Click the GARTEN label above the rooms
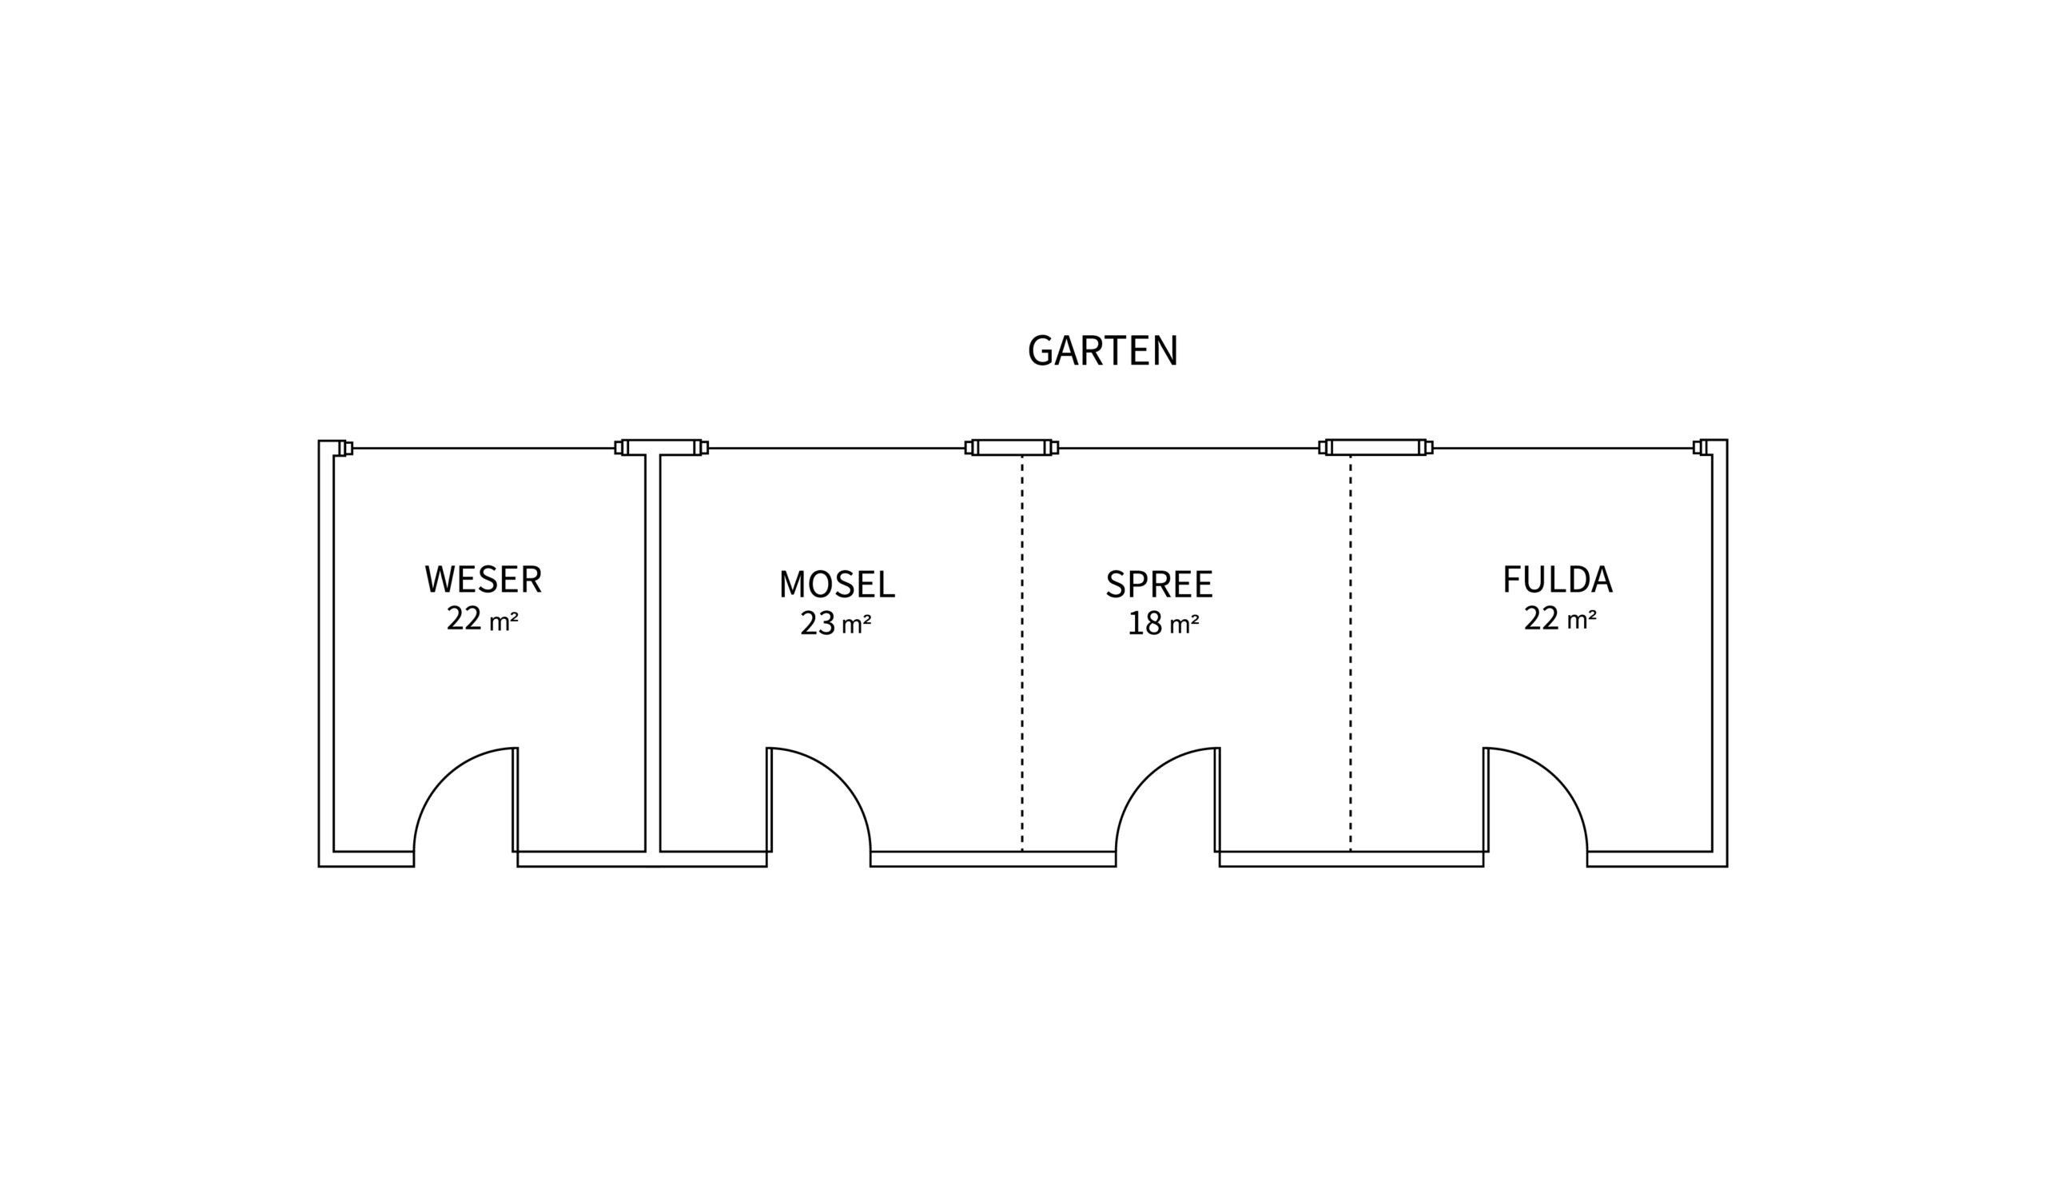tap(1102, 351)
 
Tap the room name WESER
tap(483, 579)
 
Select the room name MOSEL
tap(836, 584)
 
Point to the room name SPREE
tap(1159, 584)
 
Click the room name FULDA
tap(1556, 579)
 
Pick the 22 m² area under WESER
tap(482, 619)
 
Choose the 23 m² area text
tap(835, 624)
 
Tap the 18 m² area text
tap(1163, 624)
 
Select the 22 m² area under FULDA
tap(1559, 619)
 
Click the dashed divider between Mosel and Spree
tap(1022, 650)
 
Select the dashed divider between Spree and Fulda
tap(1351, 650)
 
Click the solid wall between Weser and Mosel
tap(653, 650)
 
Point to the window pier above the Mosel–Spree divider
tap(1012, 448)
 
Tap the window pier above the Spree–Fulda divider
tap(1375, 448)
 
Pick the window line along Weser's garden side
tap(483, 449)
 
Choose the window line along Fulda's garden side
tap(1563, 449)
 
